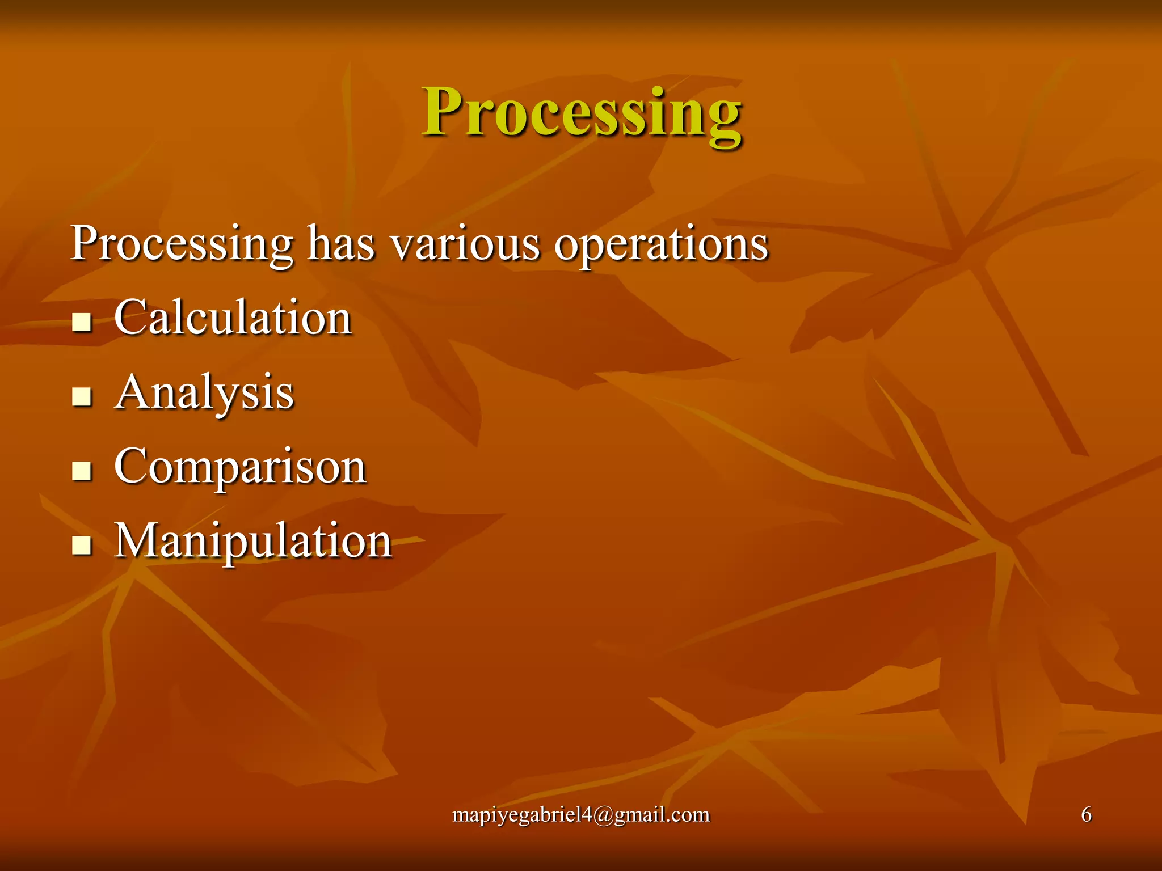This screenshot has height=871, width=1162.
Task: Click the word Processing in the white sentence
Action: [x=182, y=244]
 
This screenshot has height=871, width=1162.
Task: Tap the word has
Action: [x=341, y=244]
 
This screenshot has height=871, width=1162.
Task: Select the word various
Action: [x=465, y=244]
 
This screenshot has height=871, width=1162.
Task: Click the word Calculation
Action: [x=233, y=318]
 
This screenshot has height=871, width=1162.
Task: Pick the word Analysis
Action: [x=204, y=392]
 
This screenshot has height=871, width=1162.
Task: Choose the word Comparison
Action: [x=240, y=467]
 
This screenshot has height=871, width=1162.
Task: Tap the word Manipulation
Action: [x=253, y=541]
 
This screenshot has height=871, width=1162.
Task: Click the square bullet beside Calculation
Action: [x=82, y=322]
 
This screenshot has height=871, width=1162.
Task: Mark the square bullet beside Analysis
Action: [x=82, y=396]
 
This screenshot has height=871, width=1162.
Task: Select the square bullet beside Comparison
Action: [x=82, y=471]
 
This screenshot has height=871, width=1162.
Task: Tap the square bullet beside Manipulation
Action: [x=82, y=545]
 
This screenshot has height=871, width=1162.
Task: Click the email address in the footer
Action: [x=581, y=815]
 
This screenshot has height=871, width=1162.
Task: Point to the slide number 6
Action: [x=1086, y=814]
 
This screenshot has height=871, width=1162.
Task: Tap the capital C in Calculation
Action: [x=131, y=318]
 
